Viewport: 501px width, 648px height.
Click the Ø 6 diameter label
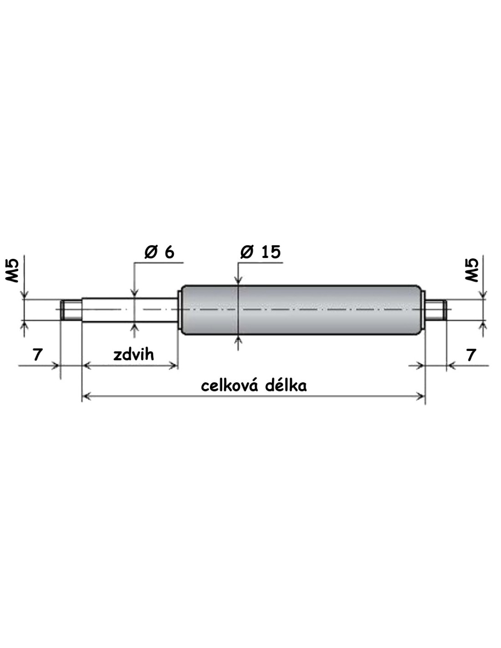coord(159,252)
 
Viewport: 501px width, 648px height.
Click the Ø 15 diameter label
coord(260,252)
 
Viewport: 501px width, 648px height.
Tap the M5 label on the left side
coord(12,270)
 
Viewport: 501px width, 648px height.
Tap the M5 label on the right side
coord(471,270)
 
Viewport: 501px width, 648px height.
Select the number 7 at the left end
coord(37,355)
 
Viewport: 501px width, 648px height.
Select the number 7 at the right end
coord(470,355)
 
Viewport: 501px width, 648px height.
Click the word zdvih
coord(133,355)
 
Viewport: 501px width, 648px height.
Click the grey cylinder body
coord(301,310)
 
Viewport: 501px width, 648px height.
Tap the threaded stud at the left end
coord(71,310)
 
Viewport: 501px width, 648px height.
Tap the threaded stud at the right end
coord(435,310)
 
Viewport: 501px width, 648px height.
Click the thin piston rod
coord(130,310)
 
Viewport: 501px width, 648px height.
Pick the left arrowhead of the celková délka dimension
coord(86,396)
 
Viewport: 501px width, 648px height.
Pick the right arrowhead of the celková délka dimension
coord(420,396)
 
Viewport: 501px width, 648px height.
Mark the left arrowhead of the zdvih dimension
coord(86,365)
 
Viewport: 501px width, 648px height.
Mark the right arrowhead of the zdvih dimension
coord(174,365)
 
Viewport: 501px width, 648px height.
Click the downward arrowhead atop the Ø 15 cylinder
coord(238,280)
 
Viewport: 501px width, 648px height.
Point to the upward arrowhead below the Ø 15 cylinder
coord(238,339)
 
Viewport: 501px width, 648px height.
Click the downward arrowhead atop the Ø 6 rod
coord(135,293)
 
